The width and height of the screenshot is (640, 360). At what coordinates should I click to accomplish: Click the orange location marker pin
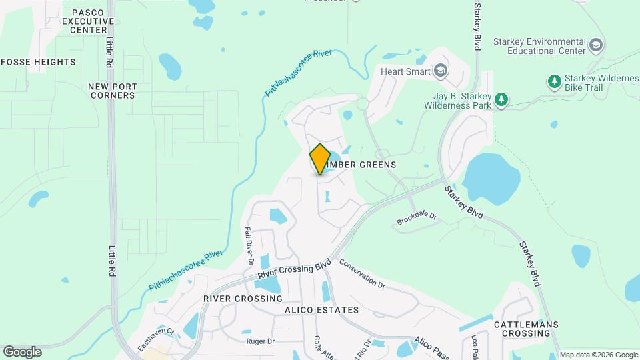(320, 159)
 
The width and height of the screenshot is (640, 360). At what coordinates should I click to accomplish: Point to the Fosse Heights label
(38, 62)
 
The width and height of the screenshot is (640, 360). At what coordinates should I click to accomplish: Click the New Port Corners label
(111, 91)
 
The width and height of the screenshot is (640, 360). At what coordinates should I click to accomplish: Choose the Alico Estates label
(321, 310)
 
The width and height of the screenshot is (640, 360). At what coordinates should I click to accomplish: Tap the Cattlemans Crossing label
(526, 329)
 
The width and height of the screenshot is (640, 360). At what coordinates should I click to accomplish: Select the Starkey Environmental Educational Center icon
(596, 46)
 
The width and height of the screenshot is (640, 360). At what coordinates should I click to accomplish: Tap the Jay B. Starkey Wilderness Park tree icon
(501, 101)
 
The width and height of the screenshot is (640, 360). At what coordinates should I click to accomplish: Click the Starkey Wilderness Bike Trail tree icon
(553, 81)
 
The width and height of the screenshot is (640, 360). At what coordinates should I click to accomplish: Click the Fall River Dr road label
(248, 245)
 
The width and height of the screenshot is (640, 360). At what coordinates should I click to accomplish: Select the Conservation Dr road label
(362, 273)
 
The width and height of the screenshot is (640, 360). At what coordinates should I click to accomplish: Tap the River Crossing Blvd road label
(295, 269)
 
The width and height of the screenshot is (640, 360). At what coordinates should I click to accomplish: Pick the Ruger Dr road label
(261, 341)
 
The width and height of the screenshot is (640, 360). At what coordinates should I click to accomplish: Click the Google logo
(22, 352)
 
